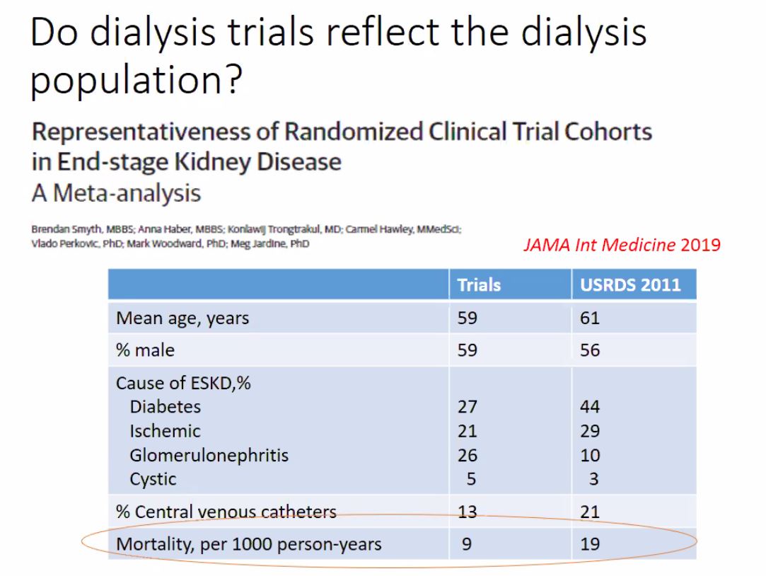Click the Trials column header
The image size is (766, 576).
tap(479, 284)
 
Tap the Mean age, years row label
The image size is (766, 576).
tap(182, 318)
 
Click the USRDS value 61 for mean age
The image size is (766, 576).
tap(589, 318)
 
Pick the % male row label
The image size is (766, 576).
tap(145, 350)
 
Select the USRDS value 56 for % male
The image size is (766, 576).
tap(590, 350)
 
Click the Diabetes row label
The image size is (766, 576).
tap(165, 407)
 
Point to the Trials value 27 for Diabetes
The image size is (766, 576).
tap(467, 407)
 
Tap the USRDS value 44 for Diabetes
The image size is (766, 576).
tap(590, 407)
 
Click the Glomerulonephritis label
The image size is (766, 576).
tap(209, 455)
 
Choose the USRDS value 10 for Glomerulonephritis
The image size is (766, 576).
tap(590, 455)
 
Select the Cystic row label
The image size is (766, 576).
tap(153, 479)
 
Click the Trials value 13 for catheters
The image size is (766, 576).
tap(467, 512)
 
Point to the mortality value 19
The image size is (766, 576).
tap(590, 544)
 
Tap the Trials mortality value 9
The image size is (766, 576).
tap(467, 544)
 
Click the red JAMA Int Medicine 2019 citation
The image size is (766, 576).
tap(622, 245)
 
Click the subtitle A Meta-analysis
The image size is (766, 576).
tap(116, 192)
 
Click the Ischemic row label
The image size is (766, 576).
tap(165, 431)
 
